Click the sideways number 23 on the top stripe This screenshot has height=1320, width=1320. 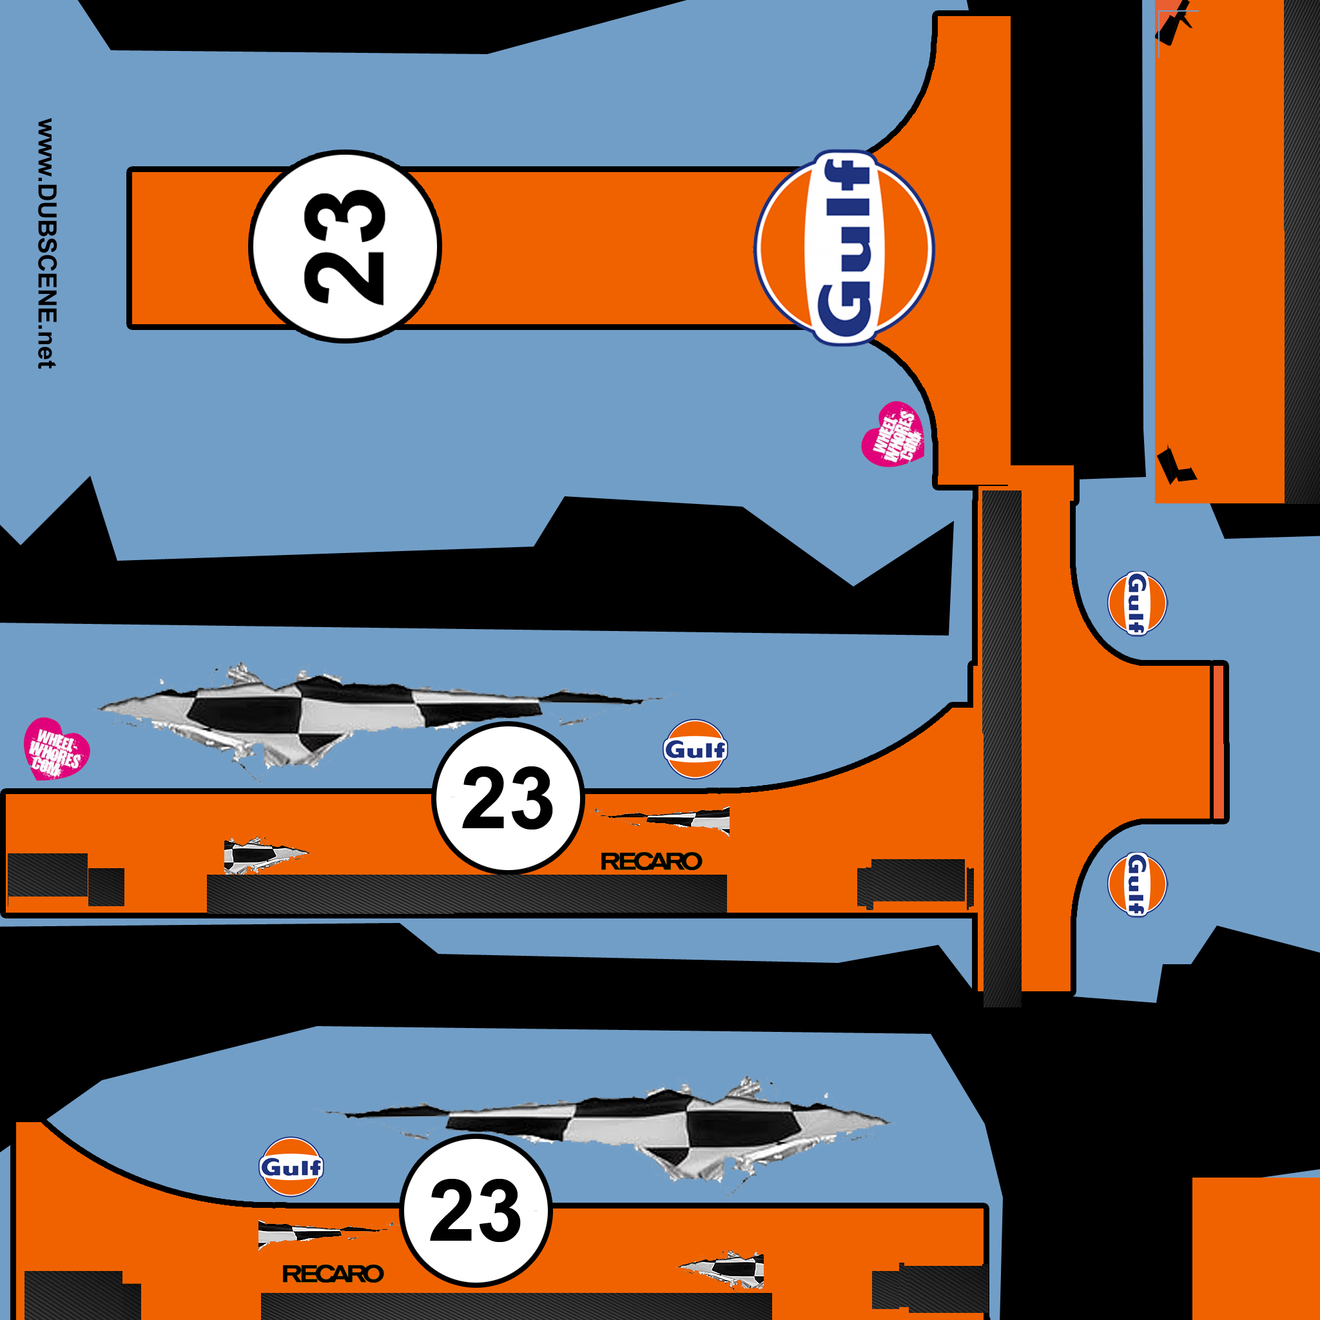point(344,246)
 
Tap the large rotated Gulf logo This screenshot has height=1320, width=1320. point(844,247)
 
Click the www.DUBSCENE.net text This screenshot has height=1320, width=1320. point(46,243)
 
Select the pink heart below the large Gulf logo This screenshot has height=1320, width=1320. point(893,434)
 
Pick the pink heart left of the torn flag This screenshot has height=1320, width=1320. point(56,749)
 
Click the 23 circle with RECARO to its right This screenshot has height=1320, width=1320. point(508,797)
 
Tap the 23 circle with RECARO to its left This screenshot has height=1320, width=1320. point(476,1210)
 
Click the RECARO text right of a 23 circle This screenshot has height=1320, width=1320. point(651,862)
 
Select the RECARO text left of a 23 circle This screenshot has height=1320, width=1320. point(333,1274)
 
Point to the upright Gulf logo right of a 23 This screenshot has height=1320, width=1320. point(695,749)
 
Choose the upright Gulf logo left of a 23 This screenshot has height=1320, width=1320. point(291,1167)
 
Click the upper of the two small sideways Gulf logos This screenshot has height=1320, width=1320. point(1137,603)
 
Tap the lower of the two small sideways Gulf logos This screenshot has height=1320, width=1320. point(1137,885)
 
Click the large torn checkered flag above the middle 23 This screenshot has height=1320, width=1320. point(379,717)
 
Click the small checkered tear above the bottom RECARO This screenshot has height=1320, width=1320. point(325,1236)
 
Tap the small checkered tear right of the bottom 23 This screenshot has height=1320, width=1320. point(721,1271)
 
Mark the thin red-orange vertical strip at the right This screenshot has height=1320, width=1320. point(1218,742)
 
